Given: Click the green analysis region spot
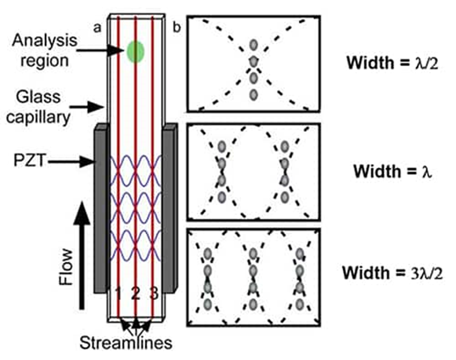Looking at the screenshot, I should [135, 51].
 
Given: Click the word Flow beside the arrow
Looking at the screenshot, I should [67, 265].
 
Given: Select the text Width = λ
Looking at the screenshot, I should [388, 173].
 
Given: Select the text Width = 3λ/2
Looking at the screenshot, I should [388, 274].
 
